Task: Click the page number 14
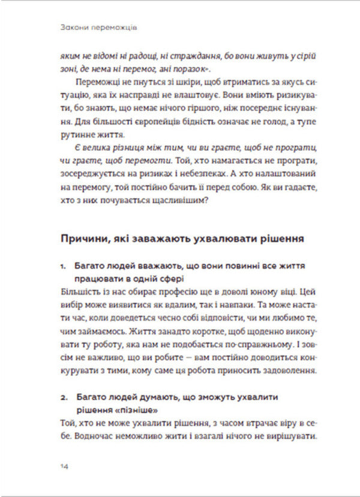click(x=64, y=465)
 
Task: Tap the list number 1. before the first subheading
click(x=65, y=265)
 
